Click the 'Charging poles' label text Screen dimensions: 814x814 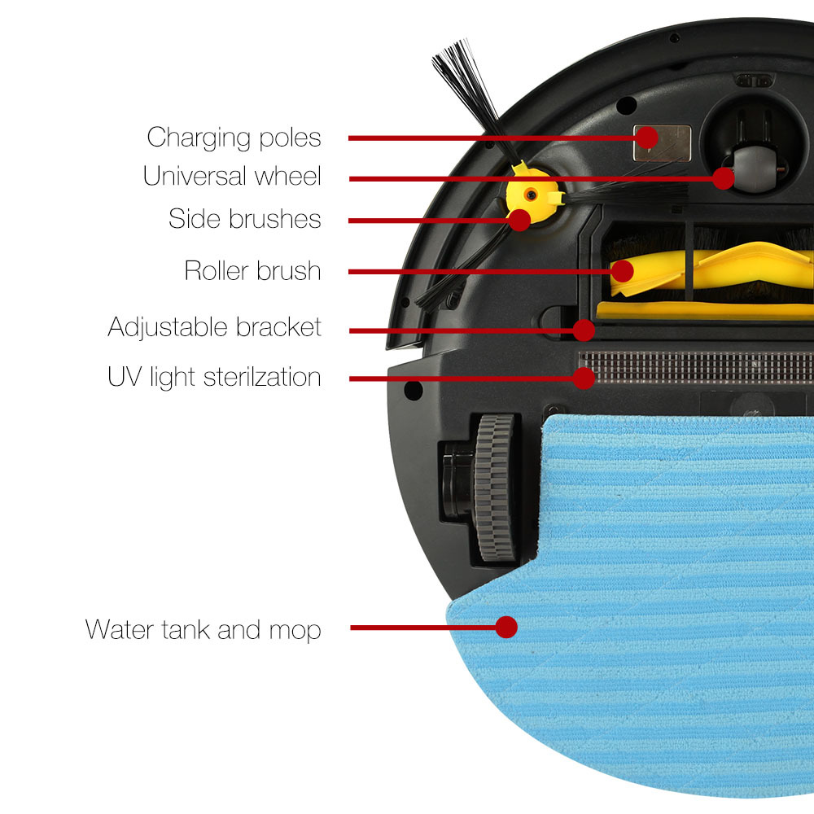point(234,138)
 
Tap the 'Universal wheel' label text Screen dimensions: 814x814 point(232,176)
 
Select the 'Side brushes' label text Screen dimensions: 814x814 point(244,218)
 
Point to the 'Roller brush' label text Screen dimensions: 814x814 point(253,270)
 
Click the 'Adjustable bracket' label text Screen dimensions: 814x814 point(214,327)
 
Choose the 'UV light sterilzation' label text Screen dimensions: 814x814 point(214,377)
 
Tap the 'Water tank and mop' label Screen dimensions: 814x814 point(203,630)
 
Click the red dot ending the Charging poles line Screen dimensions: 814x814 point(647,138)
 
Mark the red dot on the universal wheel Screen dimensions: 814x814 point(723,178)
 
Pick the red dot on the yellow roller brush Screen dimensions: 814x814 point(623,271)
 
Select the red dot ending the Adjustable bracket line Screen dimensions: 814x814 point(584,330)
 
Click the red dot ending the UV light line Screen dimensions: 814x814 point(584,379)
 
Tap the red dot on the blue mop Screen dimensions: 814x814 point(506,627)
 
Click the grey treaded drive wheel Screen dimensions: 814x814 point(495,488)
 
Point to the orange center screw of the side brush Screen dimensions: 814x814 point(531,195)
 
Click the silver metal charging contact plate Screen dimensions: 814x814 point(662,142)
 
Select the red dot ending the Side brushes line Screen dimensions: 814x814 point(519,220)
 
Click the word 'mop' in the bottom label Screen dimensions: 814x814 point(295,632)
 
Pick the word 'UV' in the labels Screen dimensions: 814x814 point(125,376)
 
